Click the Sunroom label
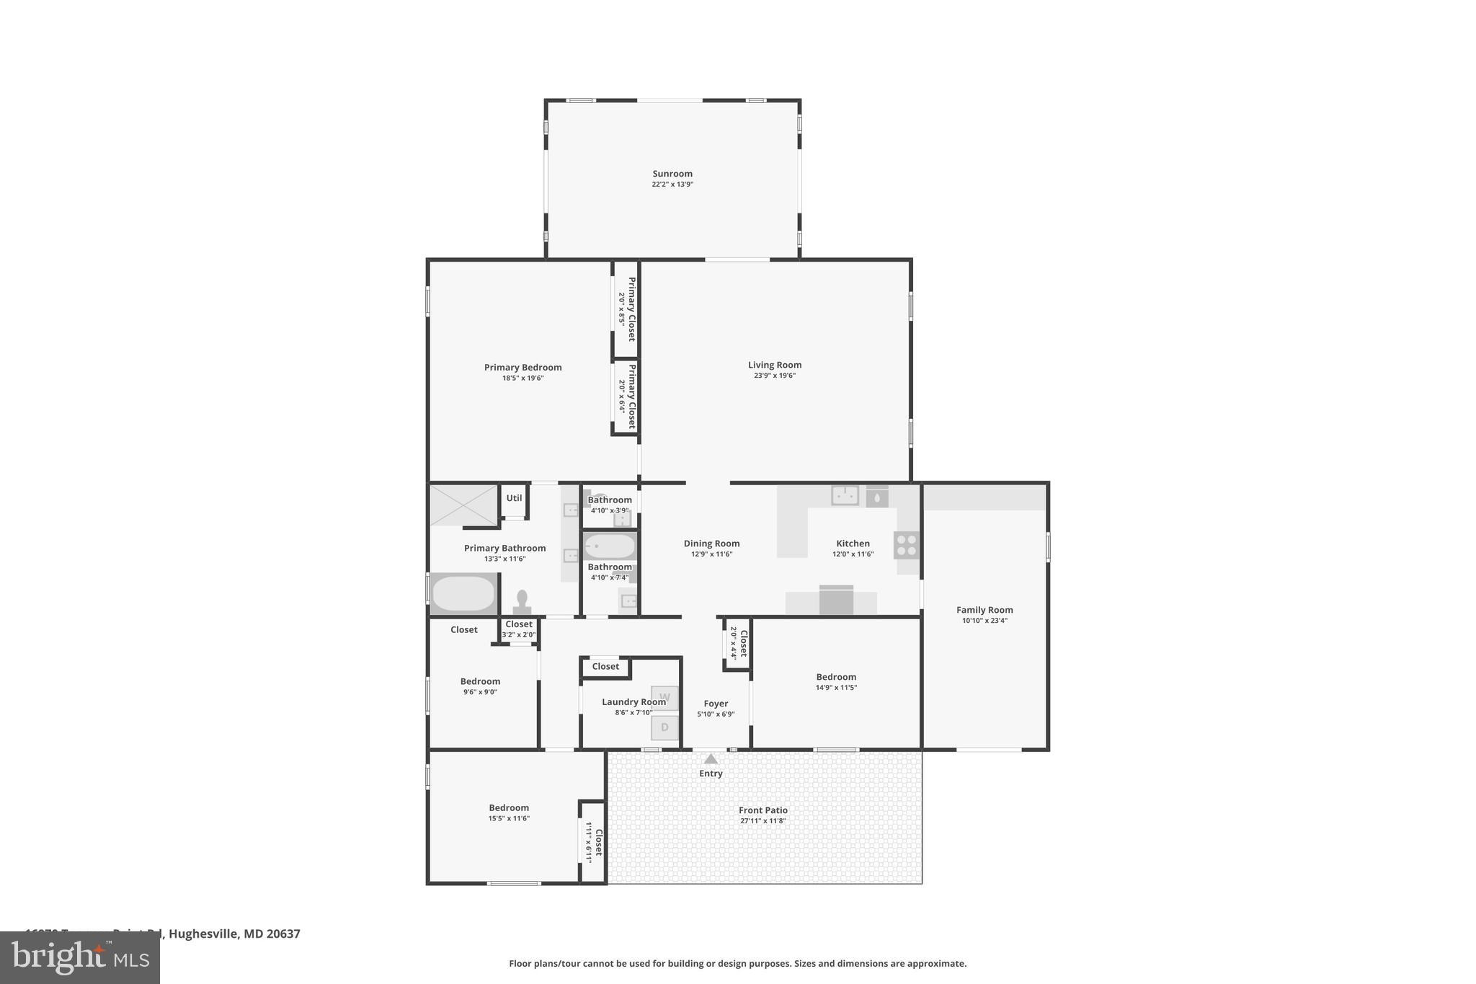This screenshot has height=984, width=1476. [672, 174]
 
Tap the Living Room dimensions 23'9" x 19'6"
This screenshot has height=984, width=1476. [774, 376]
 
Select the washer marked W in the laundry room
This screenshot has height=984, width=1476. [664, 698]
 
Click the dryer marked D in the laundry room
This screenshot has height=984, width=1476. [664, 727]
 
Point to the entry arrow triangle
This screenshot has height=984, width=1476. [711, 759]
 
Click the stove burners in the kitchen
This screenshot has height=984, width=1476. [907, 545]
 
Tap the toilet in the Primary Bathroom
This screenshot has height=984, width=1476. [522, 601]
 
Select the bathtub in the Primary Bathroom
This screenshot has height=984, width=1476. [463, 594]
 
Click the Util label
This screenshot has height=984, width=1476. [514, 498]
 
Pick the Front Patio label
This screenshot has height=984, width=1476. [763, 810]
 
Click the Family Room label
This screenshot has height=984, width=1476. [984, 610]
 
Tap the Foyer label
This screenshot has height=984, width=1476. [716, 704]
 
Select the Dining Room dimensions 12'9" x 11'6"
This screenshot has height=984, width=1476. [711, 554]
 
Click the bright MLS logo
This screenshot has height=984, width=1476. [80, 958]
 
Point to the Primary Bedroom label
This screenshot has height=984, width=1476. [523, 368]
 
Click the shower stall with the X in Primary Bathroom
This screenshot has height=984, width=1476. [463, 505]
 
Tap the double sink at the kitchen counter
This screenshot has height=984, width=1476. [845, 495]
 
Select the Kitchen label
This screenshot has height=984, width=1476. [853, 544]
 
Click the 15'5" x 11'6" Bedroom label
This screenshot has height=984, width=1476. [509, 808]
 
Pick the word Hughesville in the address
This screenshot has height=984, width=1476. [203, 934]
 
